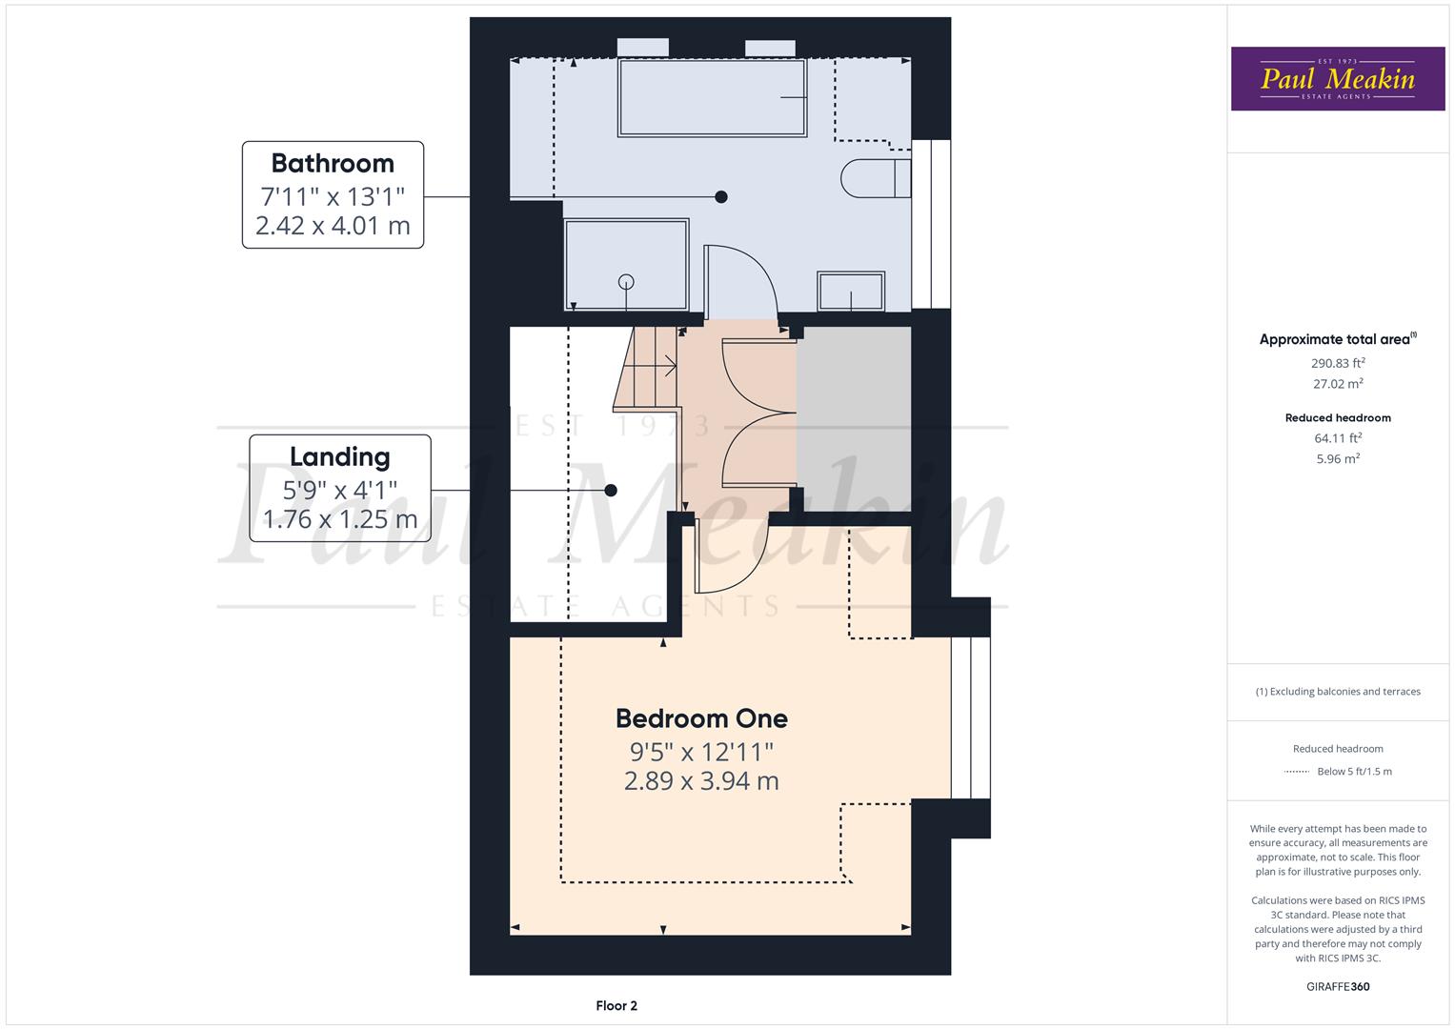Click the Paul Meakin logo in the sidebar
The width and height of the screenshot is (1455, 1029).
(x=1338, y=79)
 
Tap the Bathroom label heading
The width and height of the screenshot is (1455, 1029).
(x=333, y=163)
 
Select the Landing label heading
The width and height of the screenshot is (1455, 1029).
(x=340, y=456)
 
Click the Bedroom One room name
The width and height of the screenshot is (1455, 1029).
(x=701, y=718)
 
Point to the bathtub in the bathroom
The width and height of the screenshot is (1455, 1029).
(x=713, y=97)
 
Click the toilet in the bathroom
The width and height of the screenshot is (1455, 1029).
(x=874, y=178)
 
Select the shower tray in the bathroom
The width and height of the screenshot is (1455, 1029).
(x=626, y=264)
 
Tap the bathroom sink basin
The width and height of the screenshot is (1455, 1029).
(x=850, y=292)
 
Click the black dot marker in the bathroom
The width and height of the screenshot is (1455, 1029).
(x=721, y=197)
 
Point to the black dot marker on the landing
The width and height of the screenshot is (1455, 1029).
(x=611, y=491)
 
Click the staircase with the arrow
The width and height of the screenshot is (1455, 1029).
(x=648, y=368)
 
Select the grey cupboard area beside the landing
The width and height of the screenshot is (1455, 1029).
(x=854, y=419)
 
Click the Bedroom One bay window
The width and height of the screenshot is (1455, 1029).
(x=970, y=717)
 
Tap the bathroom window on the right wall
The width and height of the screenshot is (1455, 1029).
(x=931, y=225)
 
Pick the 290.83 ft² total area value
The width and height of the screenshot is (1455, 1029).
(x=1338, y=363)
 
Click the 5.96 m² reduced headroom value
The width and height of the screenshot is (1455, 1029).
(x=1338, y=458)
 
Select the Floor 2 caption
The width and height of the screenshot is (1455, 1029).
(x=616, y=1005)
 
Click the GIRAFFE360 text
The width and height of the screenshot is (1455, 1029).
(x=1338, y=986)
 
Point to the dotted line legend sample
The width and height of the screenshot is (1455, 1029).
(x=1296, y=772)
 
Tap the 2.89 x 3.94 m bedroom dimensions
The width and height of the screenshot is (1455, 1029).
(x=701, y=781)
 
